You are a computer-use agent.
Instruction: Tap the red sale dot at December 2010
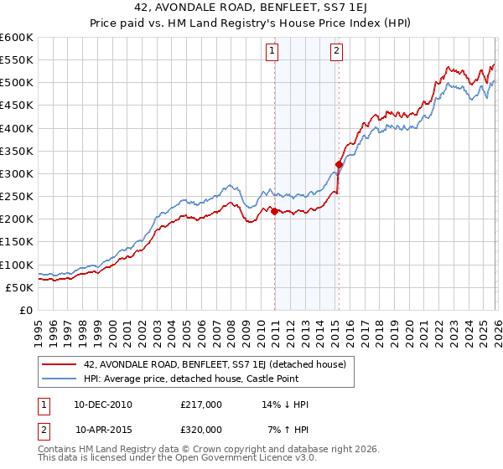[274, 211]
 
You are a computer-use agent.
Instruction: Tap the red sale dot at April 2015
[339, 164]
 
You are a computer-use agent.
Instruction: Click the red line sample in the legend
[60, 364]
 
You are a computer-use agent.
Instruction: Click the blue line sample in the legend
[60, 379]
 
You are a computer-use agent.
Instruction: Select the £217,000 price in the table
[201, 405]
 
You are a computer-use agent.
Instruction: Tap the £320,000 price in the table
[201, 429]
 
